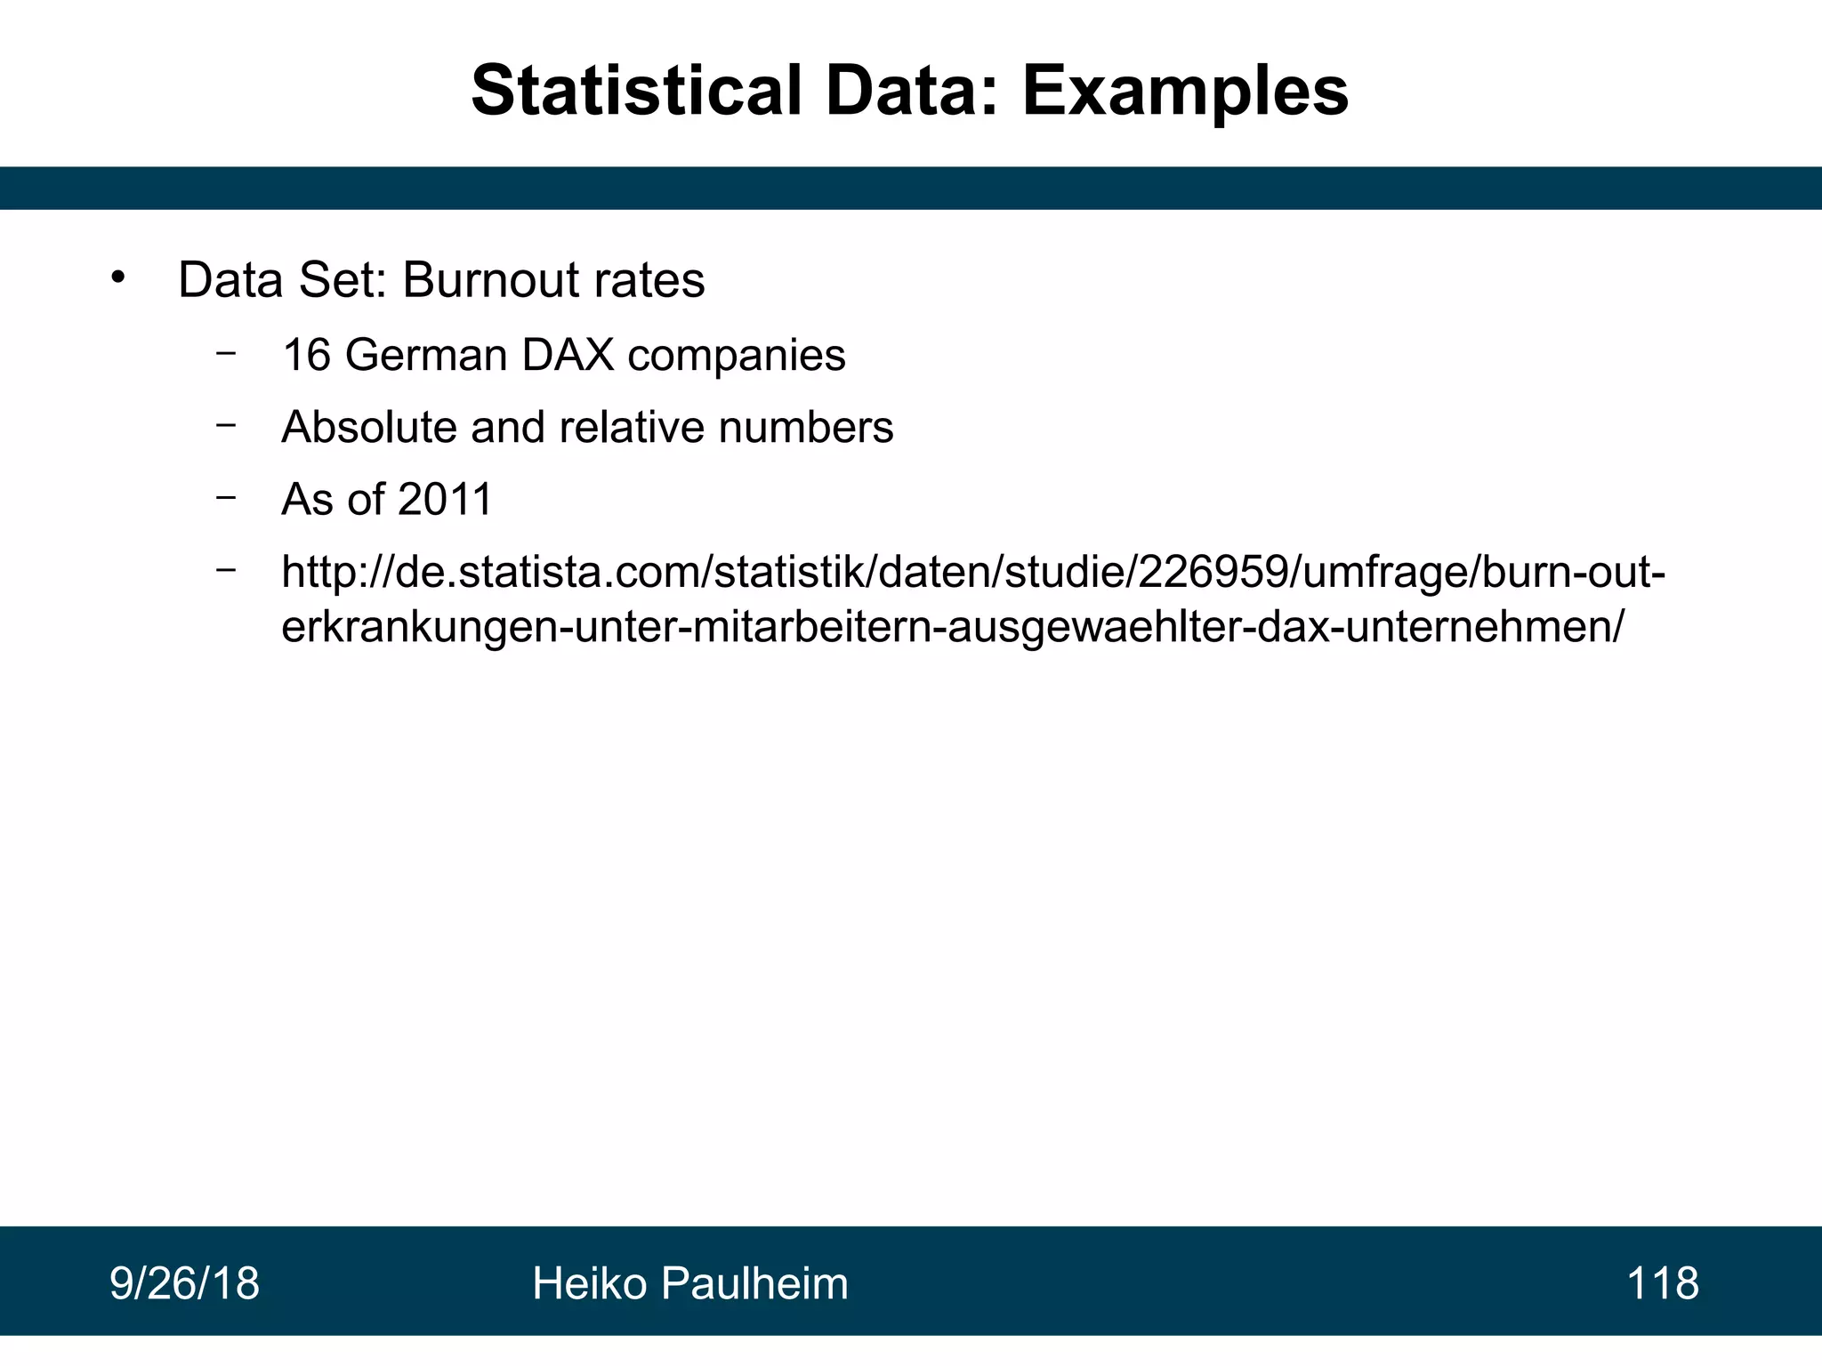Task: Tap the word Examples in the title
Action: tap(1185, 91)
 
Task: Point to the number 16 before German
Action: tap(307, 355)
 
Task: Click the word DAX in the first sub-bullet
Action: tap(568, 355)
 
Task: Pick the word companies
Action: tap(737, 355)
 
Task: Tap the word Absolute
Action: tap(369, 427)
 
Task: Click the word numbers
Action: tap(806, 427)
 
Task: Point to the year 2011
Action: tap(445, 499)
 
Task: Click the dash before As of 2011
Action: tap(226, 497)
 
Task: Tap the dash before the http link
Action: tap(226, 569)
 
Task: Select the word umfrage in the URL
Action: tap(1374, 572)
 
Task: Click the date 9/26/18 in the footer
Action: tap(184, 1284)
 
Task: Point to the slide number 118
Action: tap(1662, 1284)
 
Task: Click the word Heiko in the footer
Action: tap(589, 1284)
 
